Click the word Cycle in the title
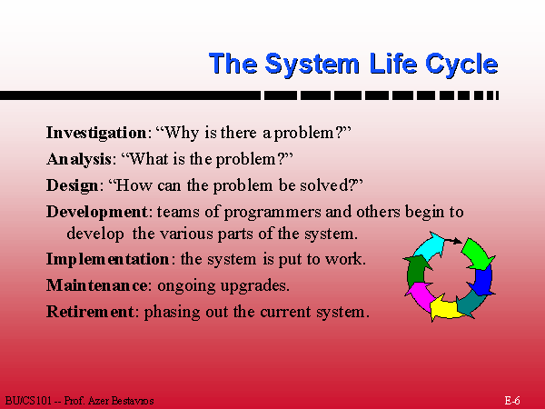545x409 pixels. click(461, 65)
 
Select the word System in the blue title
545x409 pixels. click(312, 65)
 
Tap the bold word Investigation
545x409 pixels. click(96, 134)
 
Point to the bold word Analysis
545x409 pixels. click(79, 160)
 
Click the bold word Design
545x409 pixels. click(73, 185)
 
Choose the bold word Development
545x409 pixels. click(97, 212)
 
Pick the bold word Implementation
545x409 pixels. click(108, 259)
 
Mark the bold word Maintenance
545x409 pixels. click(96, 285)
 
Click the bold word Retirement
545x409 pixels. click(90, 311)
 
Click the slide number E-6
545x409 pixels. click(512, 400)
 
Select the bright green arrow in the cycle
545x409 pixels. click(477, 254)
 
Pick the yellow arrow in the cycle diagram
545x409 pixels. click(445, 307)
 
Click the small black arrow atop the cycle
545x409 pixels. click(453, 241)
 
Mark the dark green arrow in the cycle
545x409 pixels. click(416, 270)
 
